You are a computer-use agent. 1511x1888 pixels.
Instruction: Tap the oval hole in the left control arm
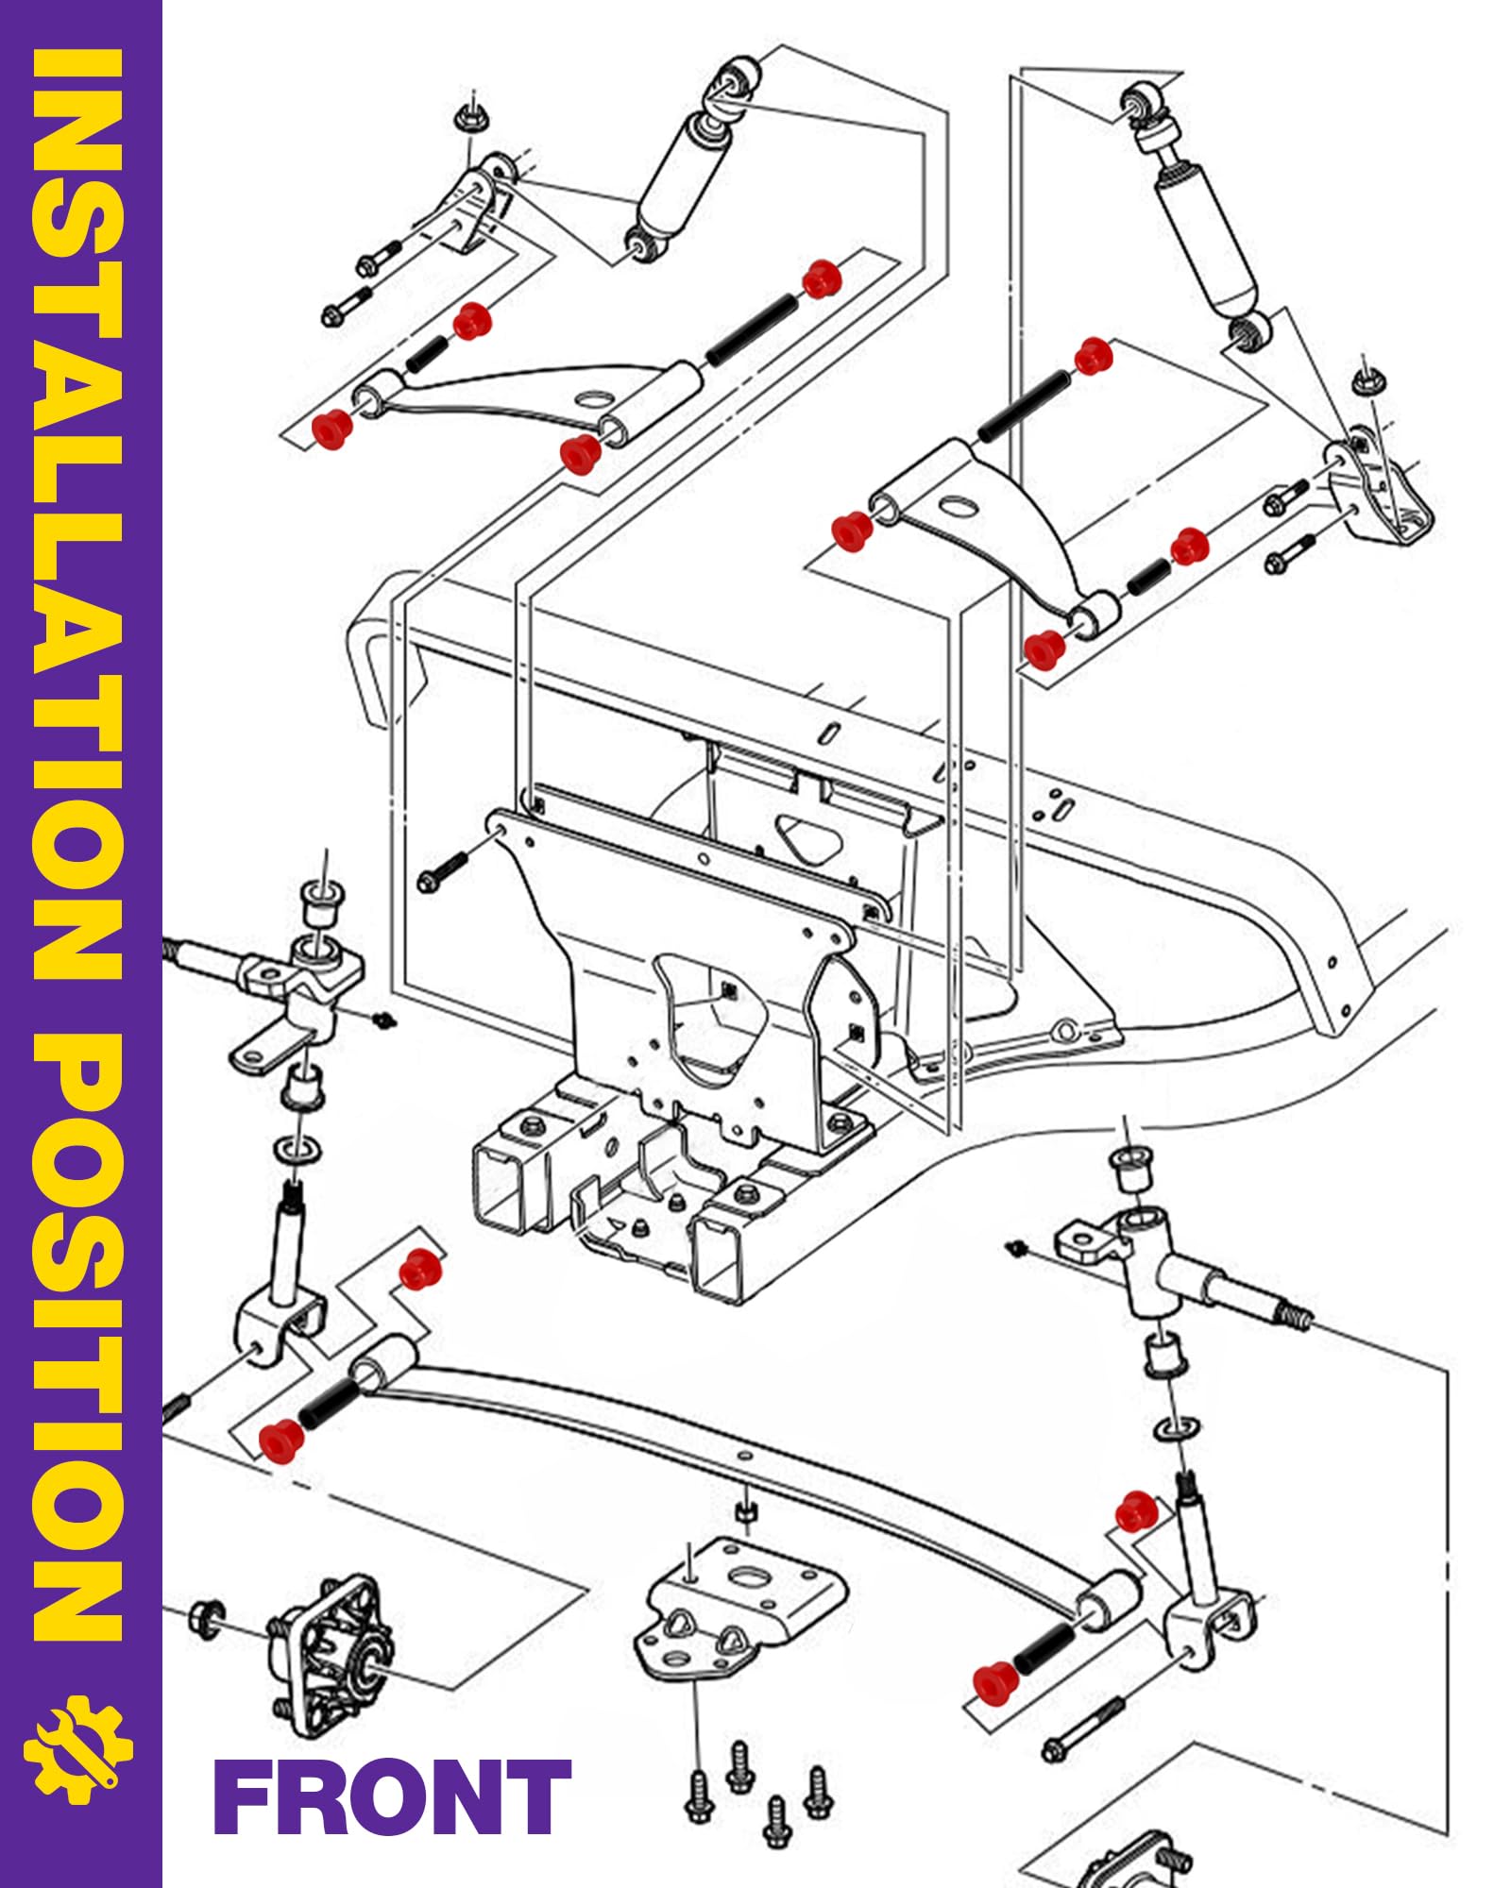click(592, 398)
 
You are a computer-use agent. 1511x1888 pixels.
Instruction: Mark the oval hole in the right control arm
click(956, 508)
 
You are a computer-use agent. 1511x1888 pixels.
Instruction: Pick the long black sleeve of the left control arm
click(753, 329)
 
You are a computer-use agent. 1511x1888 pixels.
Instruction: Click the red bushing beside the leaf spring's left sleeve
click(282, 1439)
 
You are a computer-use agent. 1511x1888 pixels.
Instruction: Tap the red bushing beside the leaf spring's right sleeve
click(995, 1683)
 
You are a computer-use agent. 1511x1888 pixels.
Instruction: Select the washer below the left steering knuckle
click(296, 1151)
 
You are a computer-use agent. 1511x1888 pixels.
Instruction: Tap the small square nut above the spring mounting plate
click(744, 1514)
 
